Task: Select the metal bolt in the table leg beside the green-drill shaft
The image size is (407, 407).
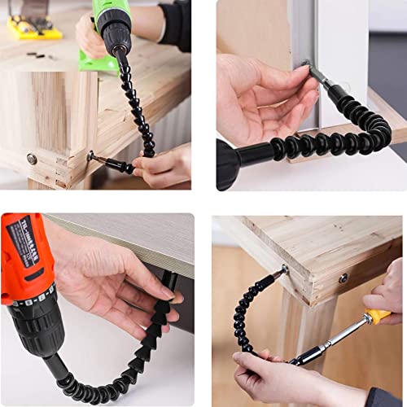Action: pyautogui.click(x=32, y=159)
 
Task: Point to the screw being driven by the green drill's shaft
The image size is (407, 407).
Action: pyautogui.click(x=90, y=155)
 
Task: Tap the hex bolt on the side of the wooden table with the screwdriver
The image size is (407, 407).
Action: pyautogui.click(x=344, y=278)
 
